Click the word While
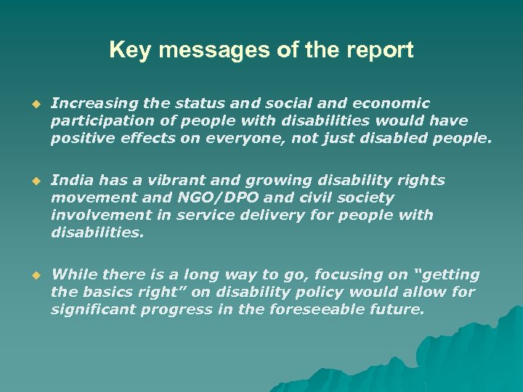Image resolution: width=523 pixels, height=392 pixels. click(74, 275)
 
